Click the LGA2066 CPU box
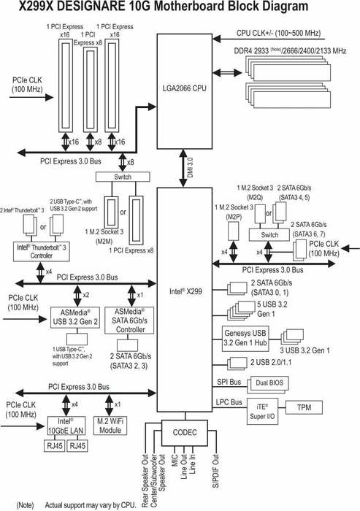click(185, 91)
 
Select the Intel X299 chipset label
click(185, 291)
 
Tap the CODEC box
click(185, 433)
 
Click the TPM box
click(304, 407)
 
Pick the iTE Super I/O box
click(262, 411)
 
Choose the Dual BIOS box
click(269, 383)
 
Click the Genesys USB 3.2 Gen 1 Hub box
click(245, 339)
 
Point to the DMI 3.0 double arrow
click(183, 168)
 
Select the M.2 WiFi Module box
click(110, 426)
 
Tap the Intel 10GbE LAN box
click(66, 426)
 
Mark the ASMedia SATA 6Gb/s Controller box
click(129, 320)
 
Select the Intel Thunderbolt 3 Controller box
click(42, 251)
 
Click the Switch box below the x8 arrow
click(123, 177)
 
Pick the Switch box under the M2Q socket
click(269, 235)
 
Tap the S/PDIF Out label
click(216, 471)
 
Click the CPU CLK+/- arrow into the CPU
click(269, 39)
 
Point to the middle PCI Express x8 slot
click(91, 89)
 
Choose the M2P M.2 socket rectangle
click(233, 231)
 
